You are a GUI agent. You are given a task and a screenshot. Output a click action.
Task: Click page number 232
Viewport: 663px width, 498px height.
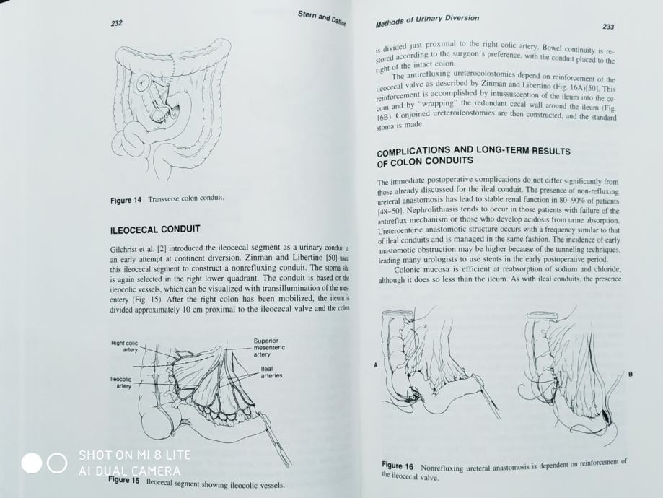click(116, 24)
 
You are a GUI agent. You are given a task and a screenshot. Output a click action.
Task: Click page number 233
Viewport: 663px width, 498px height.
click(607, 27)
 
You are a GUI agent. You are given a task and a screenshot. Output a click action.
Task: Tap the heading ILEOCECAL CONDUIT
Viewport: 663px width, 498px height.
click(154, 230)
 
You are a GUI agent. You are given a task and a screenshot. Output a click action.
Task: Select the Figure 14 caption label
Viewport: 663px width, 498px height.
click(126, 200)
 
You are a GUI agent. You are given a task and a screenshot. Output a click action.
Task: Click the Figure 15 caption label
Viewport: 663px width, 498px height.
click(124, 480)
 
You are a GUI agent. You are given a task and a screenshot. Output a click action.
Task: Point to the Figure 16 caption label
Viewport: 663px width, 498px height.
click(398, 466)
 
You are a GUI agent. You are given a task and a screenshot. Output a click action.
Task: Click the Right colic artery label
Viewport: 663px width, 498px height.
click(125, 346)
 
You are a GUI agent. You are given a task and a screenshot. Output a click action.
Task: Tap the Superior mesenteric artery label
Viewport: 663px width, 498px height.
click(269, 348)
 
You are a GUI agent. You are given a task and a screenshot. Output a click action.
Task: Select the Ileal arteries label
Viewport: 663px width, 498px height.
click(271, 372)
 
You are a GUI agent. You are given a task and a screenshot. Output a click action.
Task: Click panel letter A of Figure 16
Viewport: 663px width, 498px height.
click(375, 365)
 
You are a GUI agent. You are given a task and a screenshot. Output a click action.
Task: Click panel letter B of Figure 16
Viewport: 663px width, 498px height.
click(630, 374)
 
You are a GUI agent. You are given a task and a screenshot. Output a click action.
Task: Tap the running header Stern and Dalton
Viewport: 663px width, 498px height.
click(322, 19)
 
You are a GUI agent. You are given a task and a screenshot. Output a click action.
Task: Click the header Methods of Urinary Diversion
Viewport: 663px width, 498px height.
click(427, 20)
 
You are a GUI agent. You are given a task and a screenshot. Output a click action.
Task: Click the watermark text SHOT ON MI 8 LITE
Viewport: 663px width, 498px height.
click(135, 455)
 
